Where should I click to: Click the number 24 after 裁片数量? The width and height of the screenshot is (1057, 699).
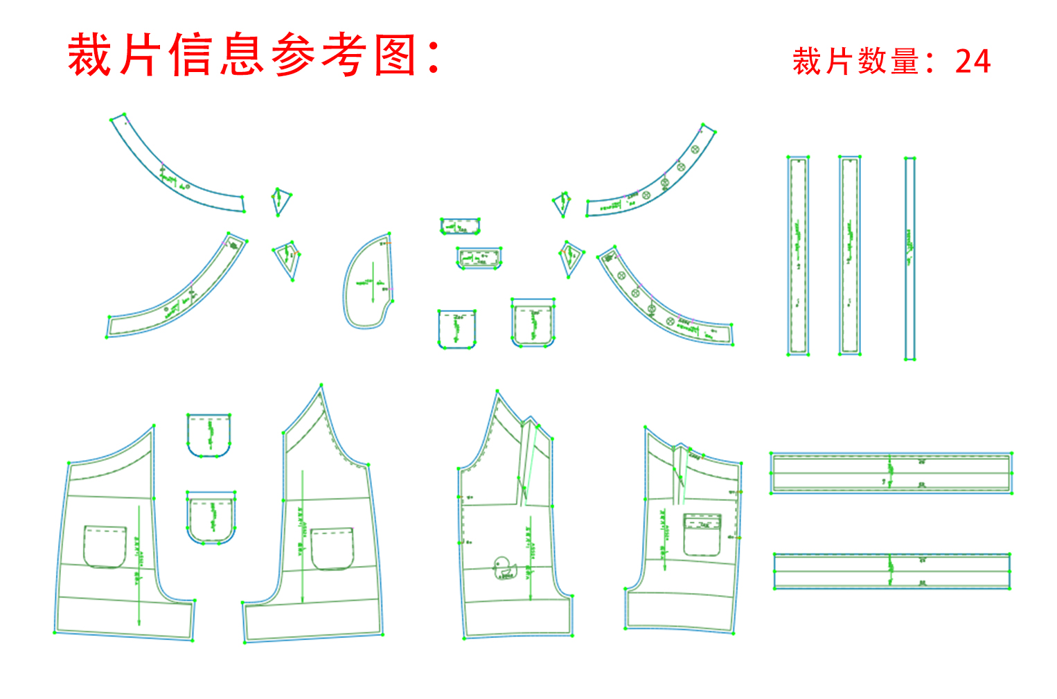[972, 62]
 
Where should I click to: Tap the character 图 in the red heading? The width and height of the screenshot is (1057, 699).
[395, 55]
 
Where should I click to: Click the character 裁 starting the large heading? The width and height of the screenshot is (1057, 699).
[89, 55]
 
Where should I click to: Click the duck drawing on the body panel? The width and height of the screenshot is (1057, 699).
[504, 567]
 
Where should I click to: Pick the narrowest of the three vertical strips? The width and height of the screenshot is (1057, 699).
[909, 258]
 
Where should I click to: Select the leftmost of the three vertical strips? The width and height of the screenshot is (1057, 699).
[798, 256]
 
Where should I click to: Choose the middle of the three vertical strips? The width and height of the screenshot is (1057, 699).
[850, 256]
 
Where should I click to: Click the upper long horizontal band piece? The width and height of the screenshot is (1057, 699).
[891, 472]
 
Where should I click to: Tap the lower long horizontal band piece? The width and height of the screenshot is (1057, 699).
[891, 572]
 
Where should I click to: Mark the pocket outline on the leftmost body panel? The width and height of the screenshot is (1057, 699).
[105, 547]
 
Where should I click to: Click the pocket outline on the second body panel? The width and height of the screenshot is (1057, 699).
[332, 549]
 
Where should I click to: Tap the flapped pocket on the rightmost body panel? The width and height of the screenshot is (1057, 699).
[702, 534]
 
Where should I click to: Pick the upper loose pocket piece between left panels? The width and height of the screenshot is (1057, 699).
[208, 435]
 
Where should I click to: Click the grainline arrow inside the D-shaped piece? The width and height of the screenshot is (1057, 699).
[373, 281]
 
